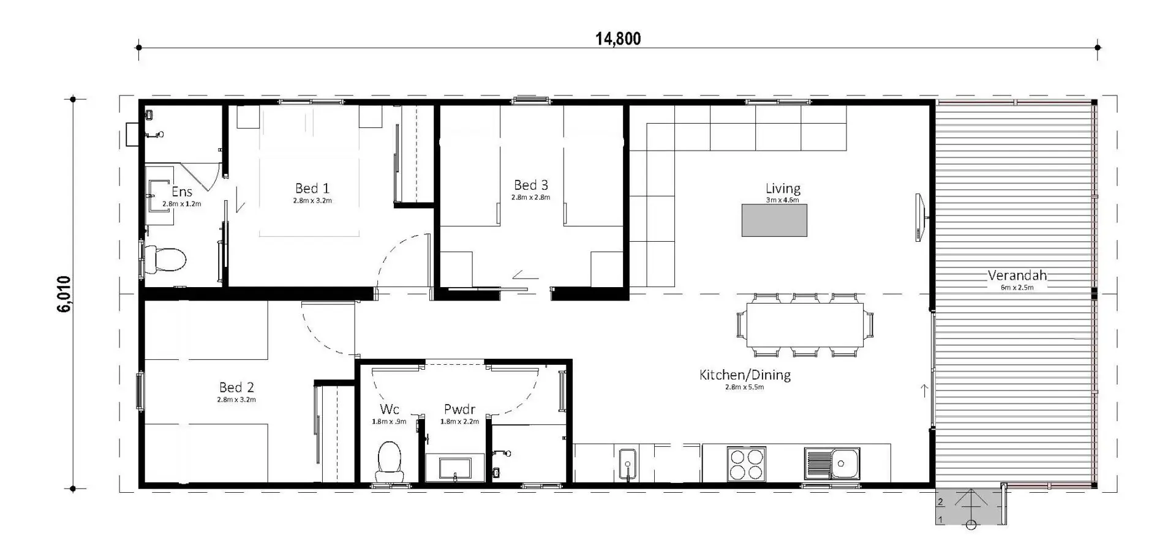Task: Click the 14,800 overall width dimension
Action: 618,39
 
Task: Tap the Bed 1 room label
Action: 312,188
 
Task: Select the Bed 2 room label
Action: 236,387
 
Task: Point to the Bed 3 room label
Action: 531,185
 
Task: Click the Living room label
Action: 783,189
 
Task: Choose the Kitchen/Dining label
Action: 745,375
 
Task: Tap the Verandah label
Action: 1017,275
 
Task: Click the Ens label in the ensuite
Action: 182,192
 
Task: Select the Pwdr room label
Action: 459,410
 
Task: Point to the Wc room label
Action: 389,409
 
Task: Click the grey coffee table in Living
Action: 774,220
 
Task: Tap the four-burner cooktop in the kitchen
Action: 747,463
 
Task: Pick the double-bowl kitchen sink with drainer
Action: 832,463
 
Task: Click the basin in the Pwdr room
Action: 454,468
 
